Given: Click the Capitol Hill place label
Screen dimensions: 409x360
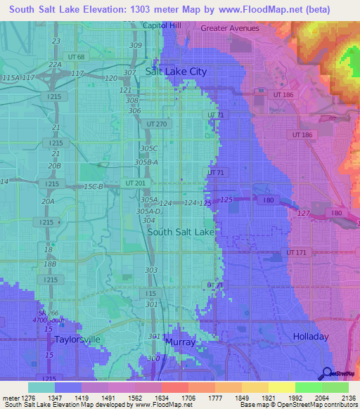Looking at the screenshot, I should (162, 25).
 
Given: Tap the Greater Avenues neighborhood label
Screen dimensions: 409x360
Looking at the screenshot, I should (229, 29).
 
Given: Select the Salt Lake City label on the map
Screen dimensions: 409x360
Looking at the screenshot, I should (176, 72).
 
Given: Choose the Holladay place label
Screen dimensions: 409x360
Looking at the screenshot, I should (310, 337).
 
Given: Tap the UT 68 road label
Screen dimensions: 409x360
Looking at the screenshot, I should (76, 57).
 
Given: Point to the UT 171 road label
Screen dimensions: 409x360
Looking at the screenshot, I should (296, 252).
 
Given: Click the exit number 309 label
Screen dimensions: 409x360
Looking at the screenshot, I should (136, 46).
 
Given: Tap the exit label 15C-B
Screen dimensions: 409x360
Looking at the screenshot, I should (94, 186).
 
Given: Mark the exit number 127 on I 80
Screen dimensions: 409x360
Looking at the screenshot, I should (304, 213).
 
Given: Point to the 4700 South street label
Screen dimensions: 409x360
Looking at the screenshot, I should (53, 321).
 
